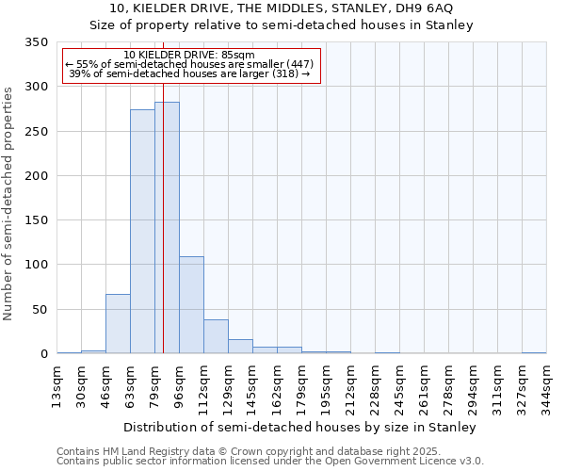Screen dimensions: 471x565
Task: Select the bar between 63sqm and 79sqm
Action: [142, 232]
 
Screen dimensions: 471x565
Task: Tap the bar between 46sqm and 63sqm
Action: [118, 324]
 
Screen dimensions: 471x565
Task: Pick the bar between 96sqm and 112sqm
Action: [191, 305]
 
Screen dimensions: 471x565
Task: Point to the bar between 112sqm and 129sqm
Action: [216, 336]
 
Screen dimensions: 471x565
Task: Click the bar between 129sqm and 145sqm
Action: [240, 347]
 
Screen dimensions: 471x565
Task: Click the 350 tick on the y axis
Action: [37, 42]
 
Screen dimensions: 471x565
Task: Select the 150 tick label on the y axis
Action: [37, 220]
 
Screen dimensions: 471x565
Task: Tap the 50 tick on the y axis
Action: [40, 310]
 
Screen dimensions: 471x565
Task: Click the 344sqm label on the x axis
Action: [547, 386]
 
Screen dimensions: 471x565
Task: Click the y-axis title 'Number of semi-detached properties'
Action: [8, 203]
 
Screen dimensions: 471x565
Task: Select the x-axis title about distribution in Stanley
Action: [300, 427]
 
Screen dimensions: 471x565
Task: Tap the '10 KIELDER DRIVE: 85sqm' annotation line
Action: [189, 55]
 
